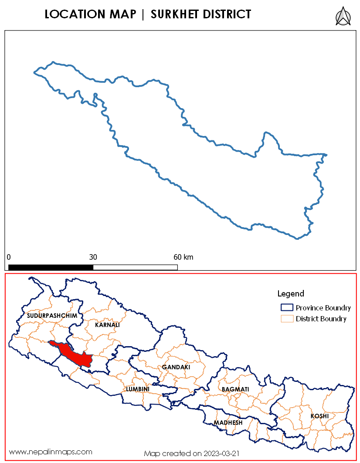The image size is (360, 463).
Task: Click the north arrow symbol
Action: (343, 16)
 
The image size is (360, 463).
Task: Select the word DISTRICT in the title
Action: (227, 14)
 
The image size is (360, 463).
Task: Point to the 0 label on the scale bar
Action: (9, 257)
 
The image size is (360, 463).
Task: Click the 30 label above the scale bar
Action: (93, 257)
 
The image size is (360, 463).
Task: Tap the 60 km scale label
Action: (183, 257)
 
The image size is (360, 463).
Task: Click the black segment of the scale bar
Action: (51, 267)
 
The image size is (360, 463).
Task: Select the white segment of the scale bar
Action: (135, 267)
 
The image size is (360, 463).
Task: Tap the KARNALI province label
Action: (107, 325)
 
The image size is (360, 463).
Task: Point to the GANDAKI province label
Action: (176, 368)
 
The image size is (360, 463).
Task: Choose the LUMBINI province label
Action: (138, 389)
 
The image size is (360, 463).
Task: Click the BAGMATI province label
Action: (235, 389)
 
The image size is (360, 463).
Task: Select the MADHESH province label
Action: (228, 423)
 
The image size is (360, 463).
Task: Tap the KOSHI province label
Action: (319, 416)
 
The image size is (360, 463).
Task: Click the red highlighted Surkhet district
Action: (77, 355)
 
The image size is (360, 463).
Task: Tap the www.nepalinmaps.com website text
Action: (51, 452)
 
